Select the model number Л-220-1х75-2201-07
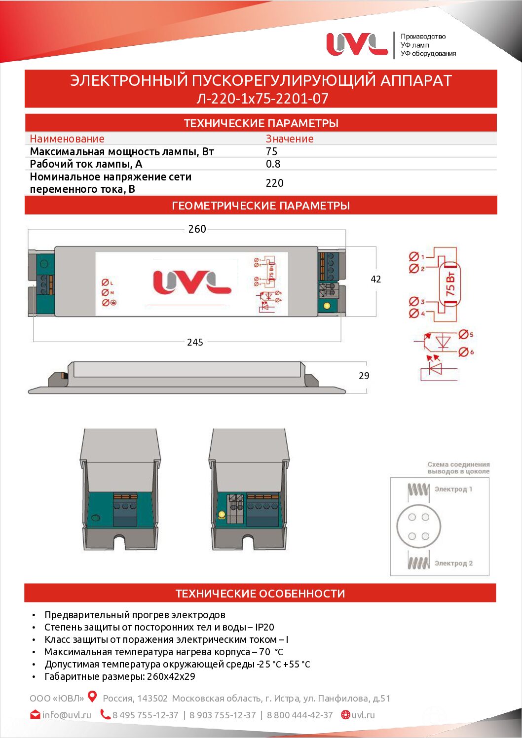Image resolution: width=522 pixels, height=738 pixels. click(x=262, y=99)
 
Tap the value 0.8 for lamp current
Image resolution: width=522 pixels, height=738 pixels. click(x=273, y=164)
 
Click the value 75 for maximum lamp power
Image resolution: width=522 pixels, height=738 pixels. click(x=271, y=152)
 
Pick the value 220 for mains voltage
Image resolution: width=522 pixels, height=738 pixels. click(x=274, y=183)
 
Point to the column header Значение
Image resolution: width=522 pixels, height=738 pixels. click(x=290, y=139)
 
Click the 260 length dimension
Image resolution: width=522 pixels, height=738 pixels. click(x=197, y=229)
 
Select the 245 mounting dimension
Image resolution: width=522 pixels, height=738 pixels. click(x=195, y=342)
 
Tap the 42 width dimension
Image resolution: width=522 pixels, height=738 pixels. click(x=375, y=280)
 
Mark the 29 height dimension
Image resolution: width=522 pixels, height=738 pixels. click(x=364, y=376)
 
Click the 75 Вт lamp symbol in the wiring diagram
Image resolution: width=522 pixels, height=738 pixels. click(x=451, y=283)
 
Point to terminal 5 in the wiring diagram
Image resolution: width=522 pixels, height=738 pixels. click(x=463, y=335)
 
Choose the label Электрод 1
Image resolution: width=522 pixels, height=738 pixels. click(x=453, y=489)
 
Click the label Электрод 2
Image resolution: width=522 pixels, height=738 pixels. click(x=453, y=563)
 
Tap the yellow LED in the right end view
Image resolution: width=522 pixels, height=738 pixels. click(x=222, y=515)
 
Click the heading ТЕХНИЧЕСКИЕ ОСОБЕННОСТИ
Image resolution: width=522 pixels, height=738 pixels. click(x=261, y=594)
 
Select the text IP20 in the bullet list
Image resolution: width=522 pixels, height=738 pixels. click(x=264, y=628)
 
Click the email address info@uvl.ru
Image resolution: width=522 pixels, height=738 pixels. click(x=67, y=715)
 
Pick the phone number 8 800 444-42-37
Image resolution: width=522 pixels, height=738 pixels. click(x=300, y=715)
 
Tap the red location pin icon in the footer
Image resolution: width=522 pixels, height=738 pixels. click(x=92, y=697)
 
